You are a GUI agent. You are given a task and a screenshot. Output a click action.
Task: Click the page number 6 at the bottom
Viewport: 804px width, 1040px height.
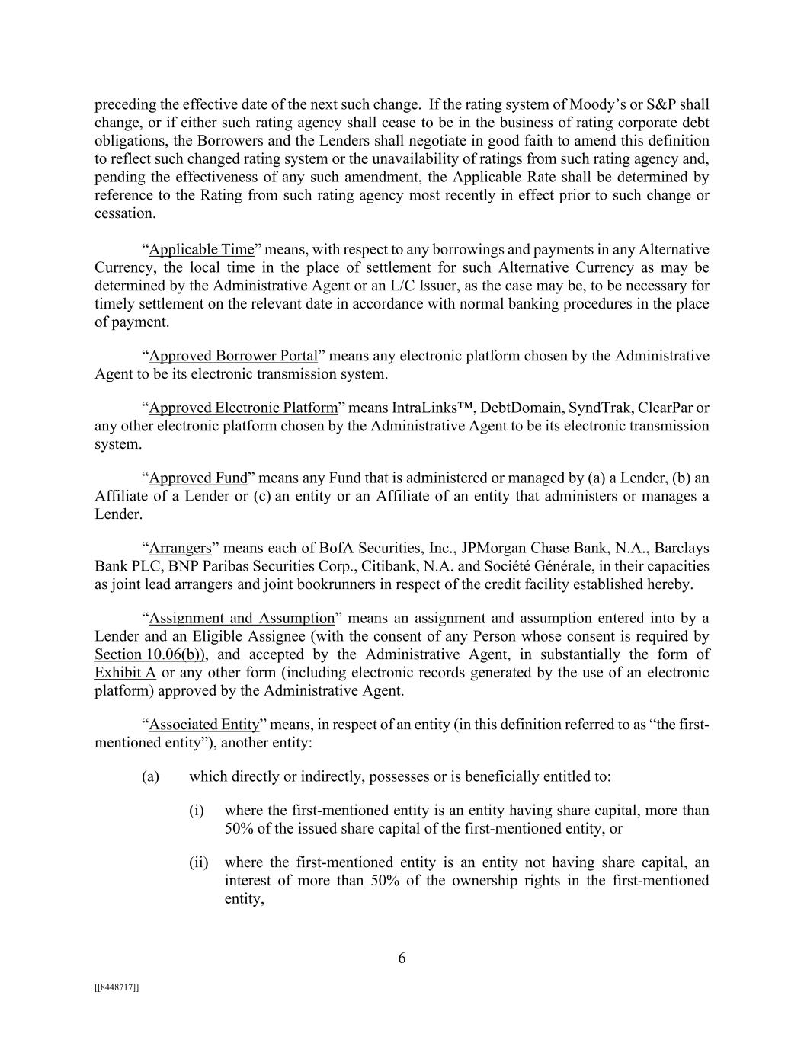point(402,958)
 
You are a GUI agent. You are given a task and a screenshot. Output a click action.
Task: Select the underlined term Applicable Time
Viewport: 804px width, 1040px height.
point(201,250)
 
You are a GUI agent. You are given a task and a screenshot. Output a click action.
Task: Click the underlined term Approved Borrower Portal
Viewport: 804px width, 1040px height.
point(233,357)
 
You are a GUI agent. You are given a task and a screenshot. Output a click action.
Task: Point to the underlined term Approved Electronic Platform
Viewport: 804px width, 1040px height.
point(243,408)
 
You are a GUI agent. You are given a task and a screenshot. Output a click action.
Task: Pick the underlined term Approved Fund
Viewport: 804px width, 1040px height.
point(198,478)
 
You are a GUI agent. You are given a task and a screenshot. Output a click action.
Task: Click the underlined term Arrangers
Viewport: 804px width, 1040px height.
point(180,549)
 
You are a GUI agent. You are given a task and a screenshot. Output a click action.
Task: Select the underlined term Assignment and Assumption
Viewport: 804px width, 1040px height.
point(242,619)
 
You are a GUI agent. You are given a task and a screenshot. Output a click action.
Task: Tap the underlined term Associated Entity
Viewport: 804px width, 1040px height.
point(204,725)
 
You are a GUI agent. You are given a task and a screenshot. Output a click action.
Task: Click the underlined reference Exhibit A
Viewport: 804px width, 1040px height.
point(125,674)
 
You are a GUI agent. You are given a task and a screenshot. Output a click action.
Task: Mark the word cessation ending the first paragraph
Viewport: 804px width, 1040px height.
point(124,214)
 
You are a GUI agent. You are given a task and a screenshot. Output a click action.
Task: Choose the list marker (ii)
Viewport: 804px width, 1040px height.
point(198,863)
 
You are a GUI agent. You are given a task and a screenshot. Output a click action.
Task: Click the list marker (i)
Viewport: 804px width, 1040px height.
point(197,811)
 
